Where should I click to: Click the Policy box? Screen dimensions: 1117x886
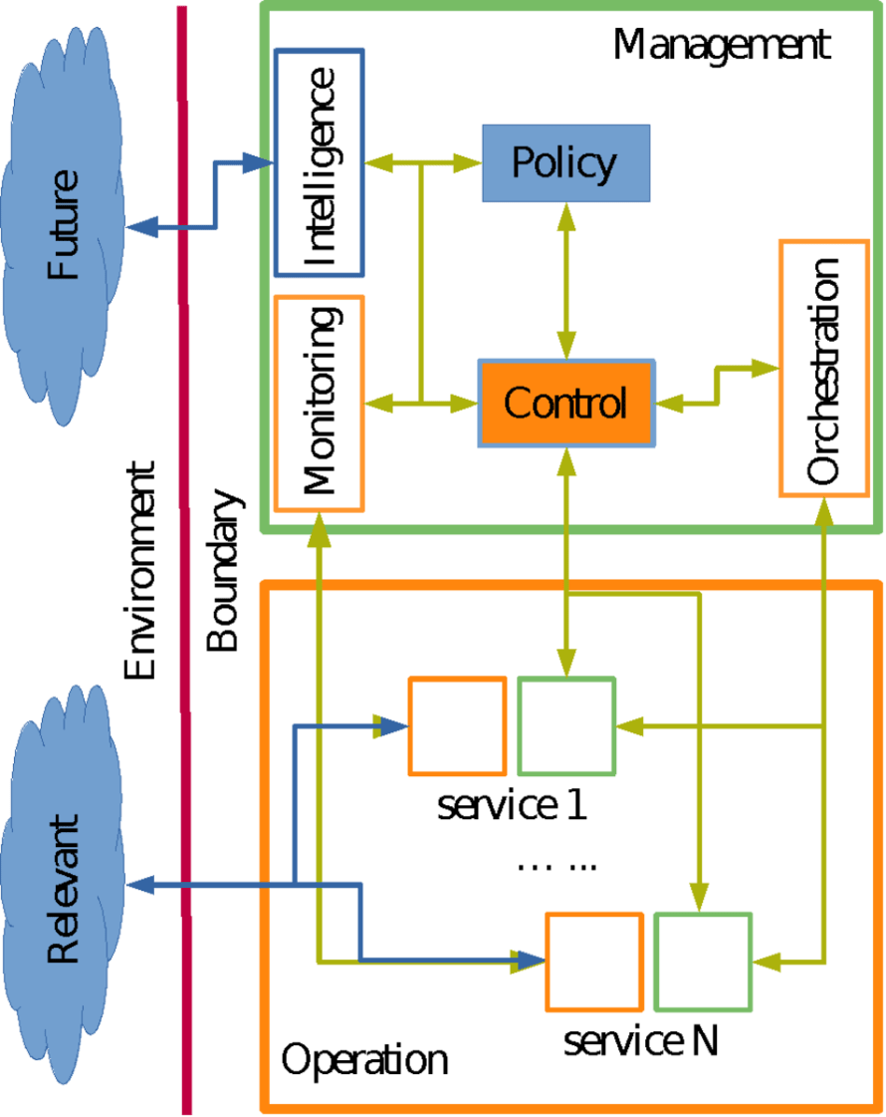(x=565, y=162)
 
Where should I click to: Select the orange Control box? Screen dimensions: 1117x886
(x=565, y=403)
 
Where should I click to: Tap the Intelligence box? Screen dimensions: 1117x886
(x=319, y=162)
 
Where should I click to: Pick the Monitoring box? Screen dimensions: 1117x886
(x=319, y=403)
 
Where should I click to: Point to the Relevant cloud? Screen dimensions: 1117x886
(x=62, y=887)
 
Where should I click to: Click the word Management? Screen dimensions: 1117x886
(x=721, y=45)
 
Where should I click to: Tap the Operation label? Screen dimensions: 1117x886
(x=364, y=1059)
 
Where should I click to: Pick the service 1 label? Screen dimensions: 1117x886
(x=512, y=805)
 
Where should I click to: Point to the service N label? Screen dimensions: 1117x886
(x=640, y=1041)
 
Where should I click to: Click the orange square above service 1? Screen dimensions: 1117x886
(x=458, y=725)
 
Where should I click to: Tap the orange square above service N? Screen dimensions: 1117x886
(x=593, y=961)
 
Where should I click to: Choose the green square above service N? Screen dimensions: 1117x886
(x=703, y=961)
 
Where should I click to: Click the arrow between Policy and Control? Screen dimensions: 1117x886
(x=566, y=279)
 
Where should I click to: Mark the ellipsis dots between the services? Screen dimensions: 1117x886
(x=556, y=865)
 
